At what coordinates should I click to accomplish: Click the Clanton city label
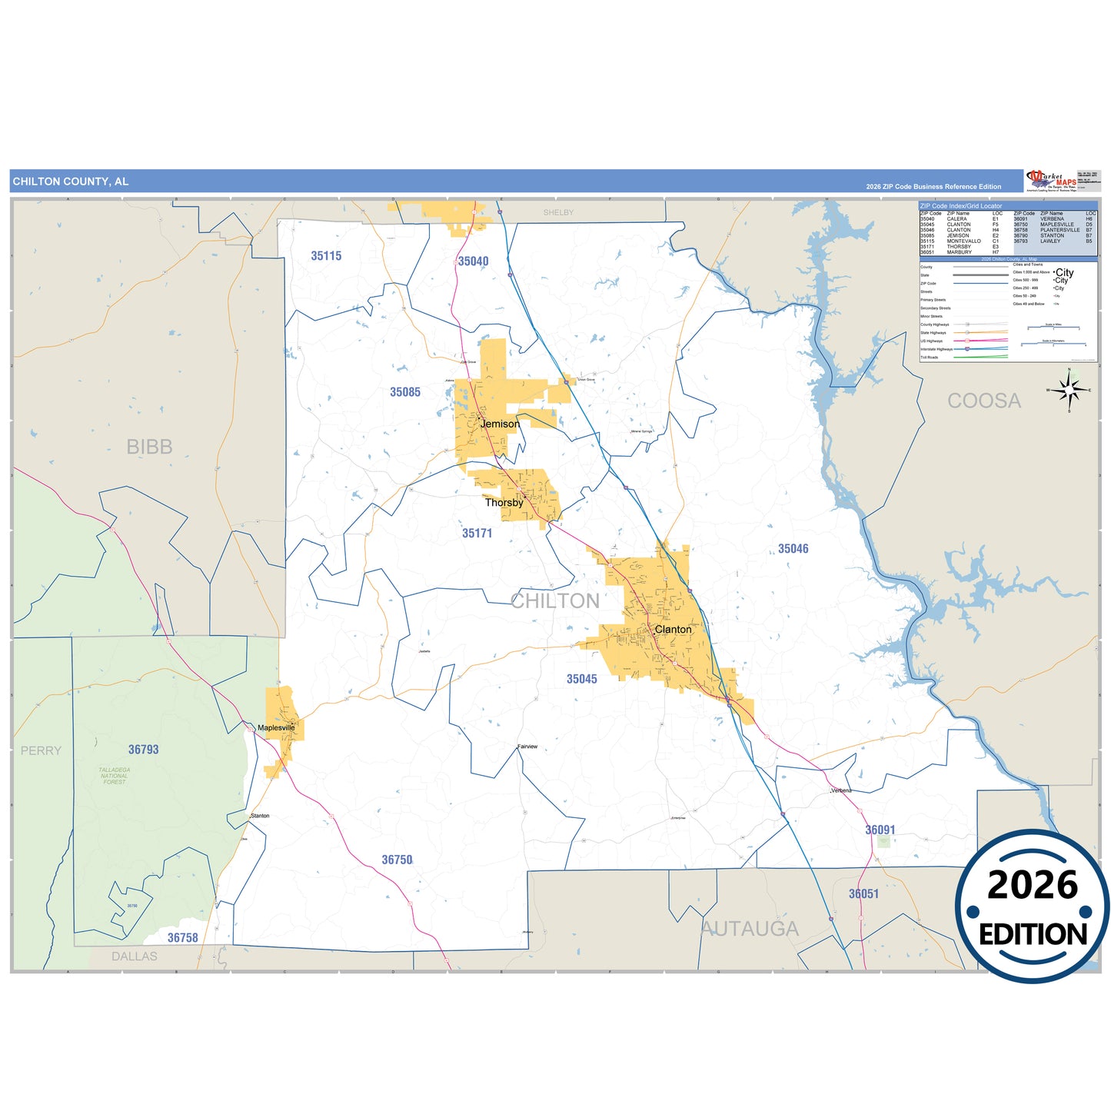point(673,630)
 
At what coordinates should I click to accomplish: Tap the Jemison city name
point(500,424)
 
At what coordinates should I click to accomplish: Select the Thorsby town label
point(504,503)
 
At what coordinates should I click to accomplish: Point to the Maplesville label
point(276,727)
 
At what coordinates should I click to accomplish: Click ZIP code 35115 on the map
point(326,256)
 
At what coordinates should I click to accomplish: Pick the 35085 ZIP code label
point(405,392)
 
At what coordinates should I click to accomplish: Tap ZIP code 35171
point(477,533)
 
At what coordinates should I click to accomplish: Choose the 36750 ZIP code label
point(397,860)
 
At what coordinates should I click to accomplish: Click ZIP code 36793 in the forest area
point(143,750)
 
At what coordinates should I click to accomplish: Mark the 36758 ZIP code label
point(183,938)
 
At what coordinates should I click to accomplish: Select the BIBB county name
point(149,447)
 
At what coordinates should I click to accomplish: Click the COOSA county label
point(984,401)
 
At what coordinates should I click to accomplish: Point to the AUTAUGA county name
point(750,929)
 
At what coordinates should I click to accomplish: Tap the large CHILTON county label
point(555,601)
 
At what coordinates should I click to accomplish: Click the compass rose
point(1069,391)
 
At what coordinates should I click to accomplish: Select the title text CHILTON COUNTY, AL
point(71,181)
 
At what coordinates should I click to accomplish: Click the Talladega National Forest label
point(115,776)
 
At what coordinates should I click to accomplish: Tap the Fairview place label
point(527,747)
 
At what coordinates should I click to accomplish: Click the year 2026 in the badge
point(1033,885)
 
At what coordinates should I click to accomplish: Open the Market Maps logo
point(1052,181)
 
